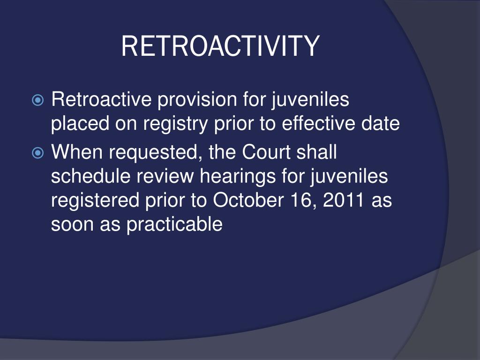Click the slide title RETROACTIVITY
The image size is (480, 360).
[220, 46]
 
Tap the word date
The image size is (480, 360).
[382, 124]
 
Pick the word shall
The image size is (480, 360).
[318, 152]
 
